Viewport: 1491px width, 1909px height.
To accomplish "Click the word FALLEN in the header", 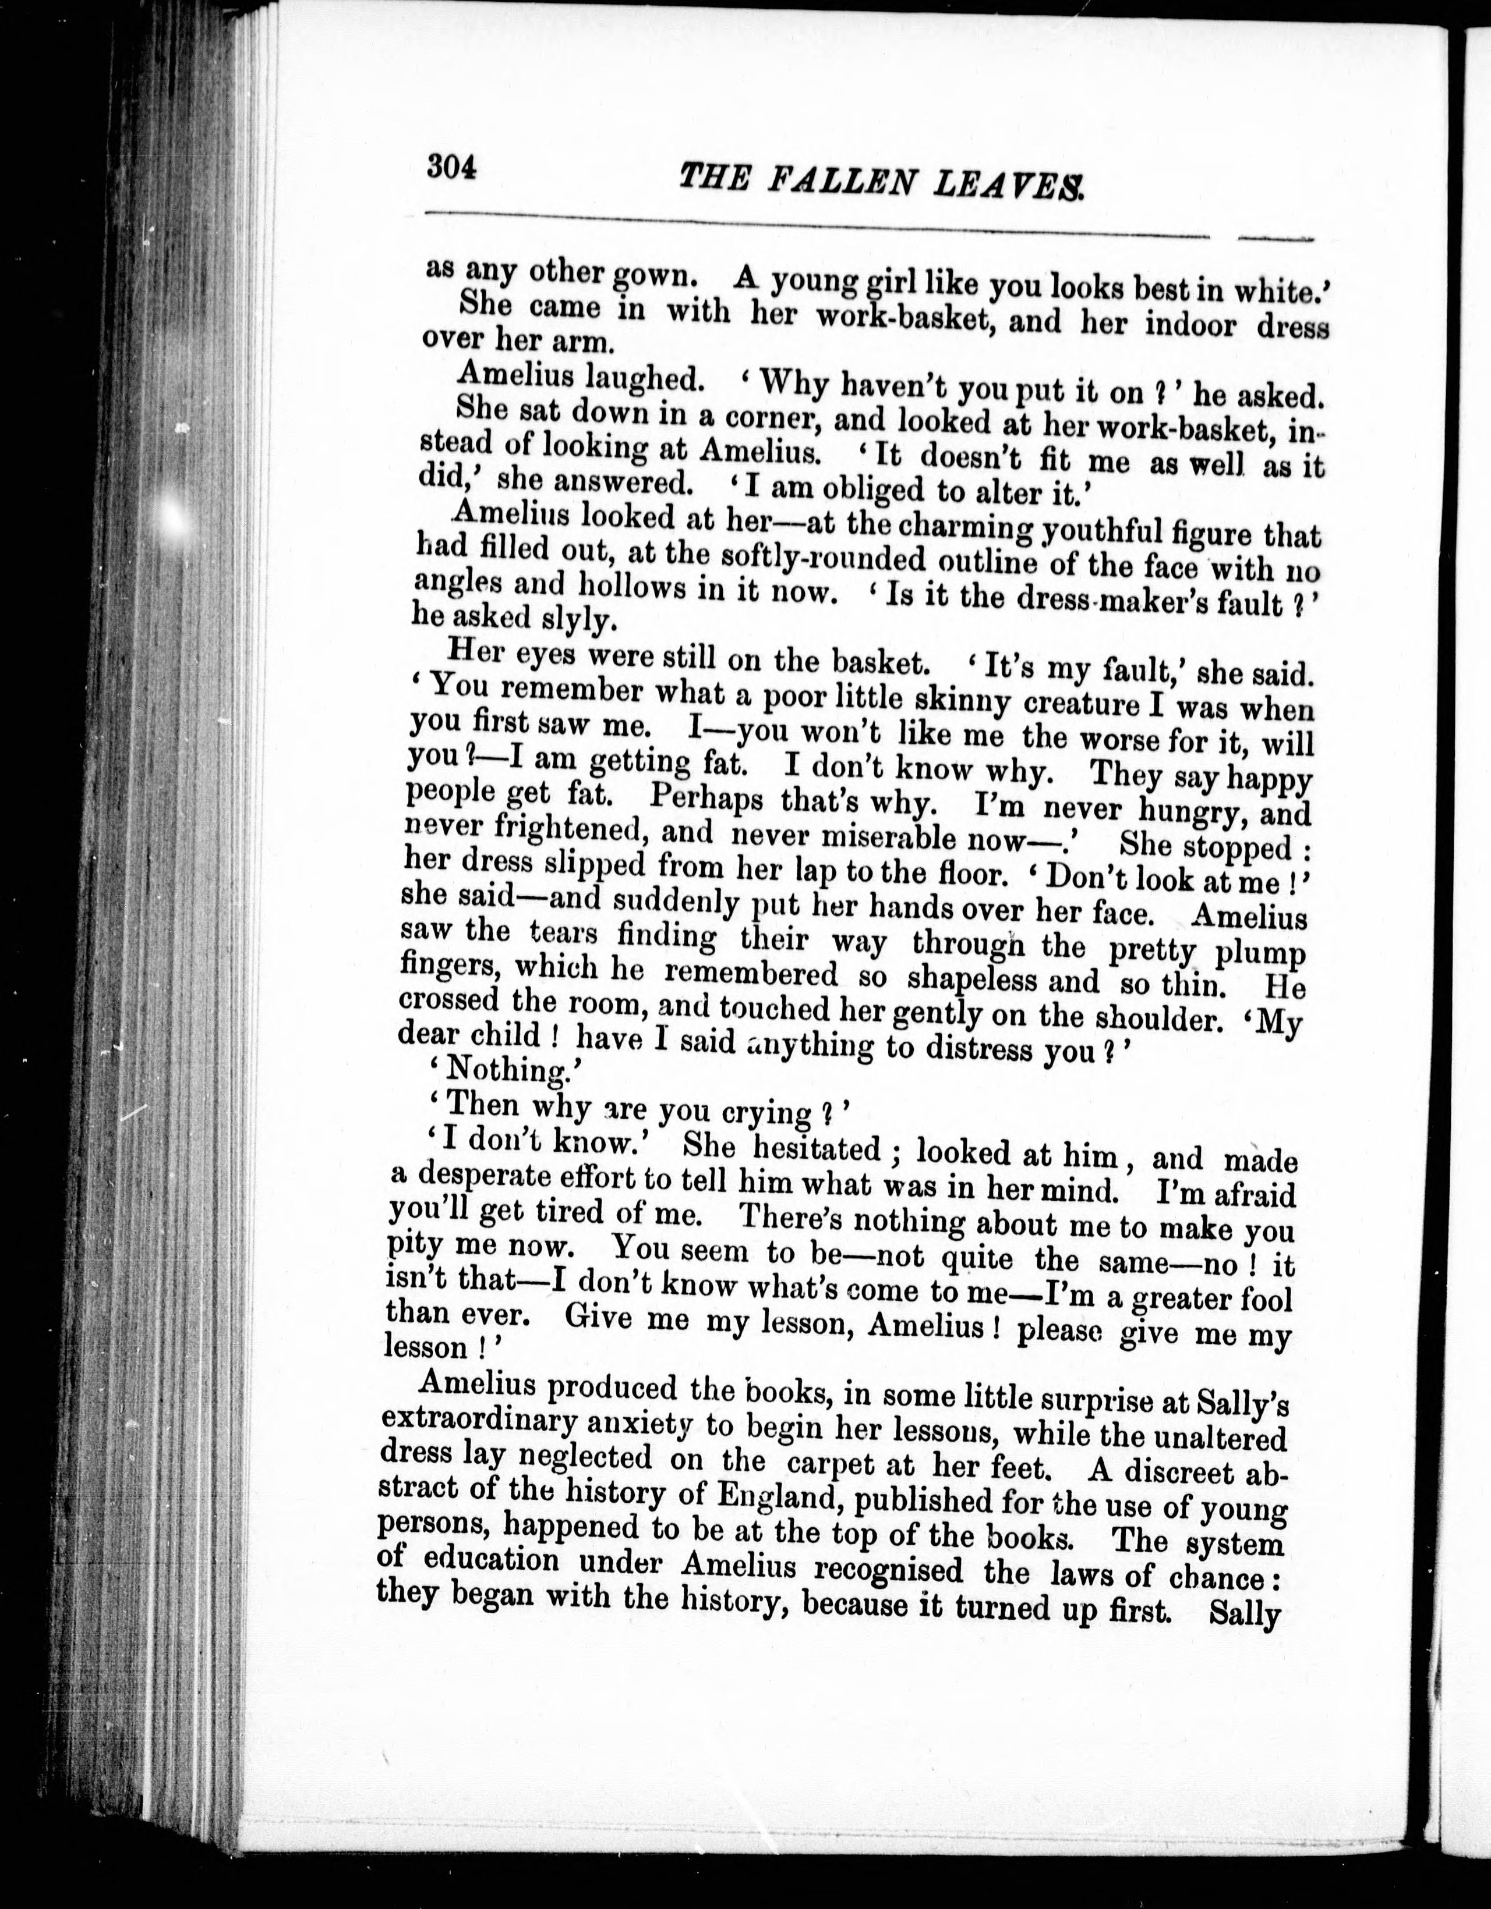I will coord(844,181).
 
